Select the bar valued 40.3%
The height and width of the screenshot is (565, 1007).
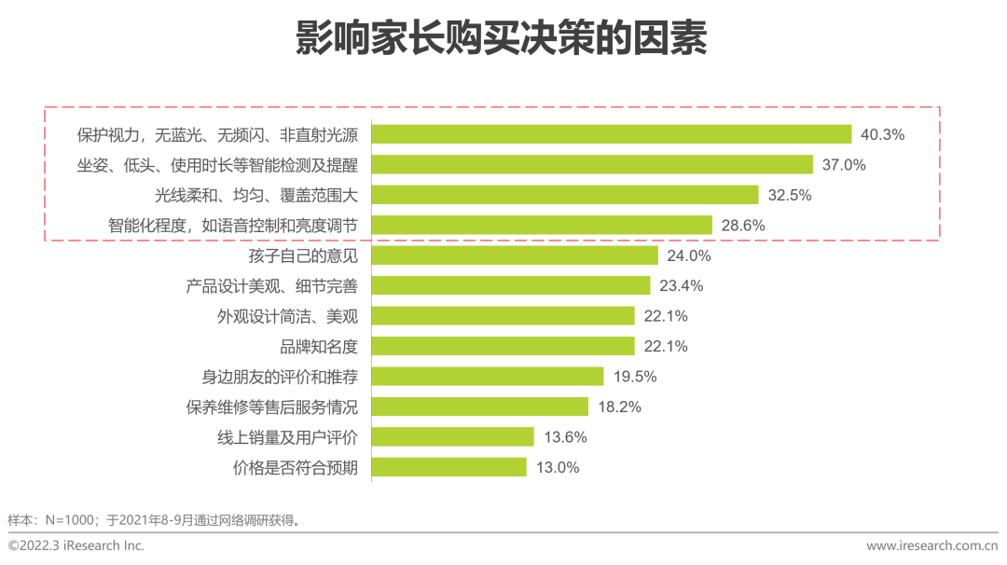point(612,134)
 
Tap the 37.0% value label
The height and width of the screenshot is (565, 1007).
point(844,165)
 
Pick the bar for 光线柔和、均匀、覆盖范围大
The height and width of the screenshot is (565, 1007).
point(565,195)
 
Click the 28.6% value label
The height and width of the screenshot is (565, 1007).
point(743,225)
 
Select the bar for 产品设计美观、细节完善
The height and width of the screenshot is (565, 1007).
point(511,285)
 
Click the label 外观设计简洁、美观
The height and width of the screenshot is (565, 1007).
point(287,316)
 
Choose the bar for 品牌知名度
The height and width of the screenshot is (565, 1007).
point(504,346)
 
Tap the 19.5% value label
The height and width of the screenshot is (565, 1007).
point(635,377)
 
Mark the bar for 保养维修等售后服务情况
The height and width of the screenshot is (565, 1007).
point(480,407)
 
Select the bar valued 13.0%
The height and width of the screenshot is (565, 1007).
point(449,467)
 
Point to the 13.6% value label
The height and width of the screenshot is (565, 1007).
point(565,437)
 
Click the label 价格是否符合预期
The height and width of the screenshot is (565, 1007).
point(295,467)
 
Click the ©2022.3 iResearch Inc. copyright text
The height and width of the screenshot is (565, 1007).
point(76,545)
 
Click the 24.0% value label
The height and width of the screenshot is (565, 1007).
point(689,255)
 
